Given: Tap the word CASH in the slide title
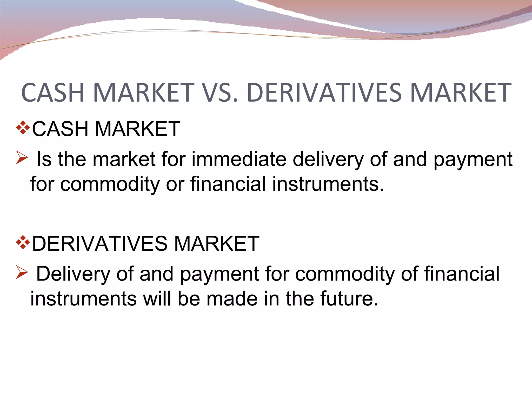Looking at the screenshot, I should coord(53,92).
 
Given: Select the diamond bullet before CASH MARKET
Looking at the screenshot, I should coord(23,128).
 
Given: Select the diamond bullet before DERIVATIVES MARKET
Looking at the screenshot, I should coord(23,242).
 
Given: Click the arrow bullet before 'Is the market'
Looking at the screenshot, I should coord(22,157).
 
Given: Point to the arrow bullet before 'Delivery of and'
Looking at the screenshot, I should coord(22,272).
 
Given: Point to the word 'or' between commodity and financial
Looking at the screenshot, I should coord(175,184).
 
